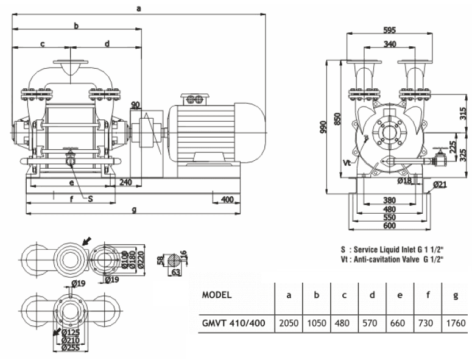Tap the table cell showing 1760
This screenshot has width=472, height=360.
456,323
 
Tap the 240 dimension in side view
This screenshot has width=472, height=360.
126,182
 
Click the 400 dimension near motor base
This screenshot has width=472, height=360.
227,200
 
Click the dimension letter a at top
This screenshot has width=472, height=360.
139,8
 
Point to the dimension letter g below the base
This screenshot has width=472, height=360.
133,210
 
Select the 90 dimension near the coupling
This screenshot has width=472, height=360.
135,105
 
